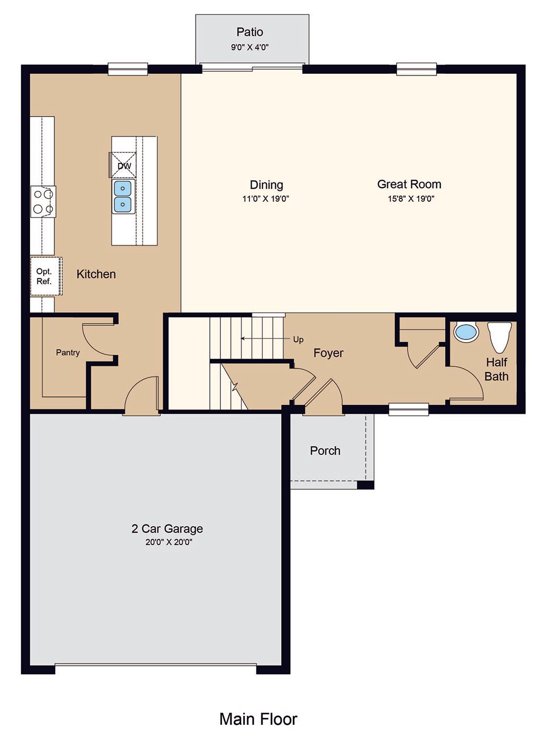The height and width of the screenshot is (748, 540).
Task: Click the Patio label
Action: pos(249,32)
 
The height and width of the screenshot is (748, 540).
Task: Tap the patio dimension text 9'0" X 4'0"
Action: pos(249,47)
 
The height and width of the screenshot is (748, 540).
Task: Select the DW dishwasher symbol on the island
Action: pos(123,165)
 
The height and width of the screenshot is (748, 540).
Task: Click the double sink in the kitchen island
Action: pos(123,197)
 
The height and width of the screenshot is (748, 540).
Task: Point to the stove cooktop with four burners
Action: pos(43,202)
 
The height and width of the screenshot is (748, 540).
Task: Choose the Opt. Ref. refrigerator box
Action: pos(46,276)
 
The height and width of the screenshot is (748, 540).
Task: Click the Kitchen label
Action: pos(96,274)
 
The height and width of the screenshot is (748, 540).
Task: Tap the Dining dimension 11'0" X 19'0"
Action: pos(265,199)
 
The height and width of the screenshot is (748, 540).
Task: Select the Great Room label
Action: pos(409,184)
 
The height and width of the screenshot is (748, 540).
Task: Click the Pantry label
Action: pos(68,353)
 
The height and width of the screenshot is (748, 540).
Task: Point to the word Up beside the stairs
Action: pos(298,339)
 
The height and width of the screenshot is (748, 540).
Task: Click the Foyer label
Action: pos(328,353)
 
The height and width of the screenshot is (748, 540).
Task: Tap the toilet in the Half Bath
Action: pos(499,337)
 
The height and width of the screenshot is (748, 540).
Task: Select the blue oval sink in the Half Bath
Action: pos(466,333)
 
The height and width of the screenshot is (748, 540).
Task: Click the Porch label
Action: pos(325,451)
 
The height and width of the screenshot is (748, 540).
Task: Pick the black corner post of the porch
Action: pos(365,485)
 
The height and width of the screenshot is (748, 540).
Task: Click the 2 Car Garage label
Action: pos(167,529)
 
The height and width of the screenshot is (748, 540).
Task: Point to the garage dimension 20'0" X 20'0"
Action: pos(169,542)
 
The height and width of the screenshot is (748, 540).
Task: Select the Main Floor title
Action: pos(258,719)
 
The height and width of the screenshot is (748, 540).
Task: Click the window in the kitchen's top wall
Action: pos(128,69)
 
